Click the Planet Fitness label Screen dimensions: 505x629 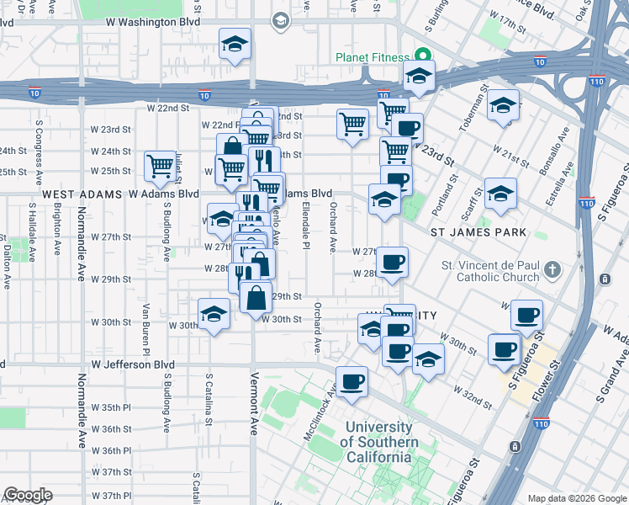point(372,57)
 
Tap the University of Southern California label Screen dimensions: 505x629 point(381,442)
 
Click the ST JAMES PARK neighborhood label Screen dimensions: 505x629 point(478,232)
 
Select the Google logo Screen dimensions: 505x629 point(28,496)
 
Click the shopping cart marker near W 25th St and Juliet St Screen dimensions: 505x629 point(159,165)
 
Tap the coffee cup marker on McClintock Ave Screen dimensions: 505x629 point(351,380)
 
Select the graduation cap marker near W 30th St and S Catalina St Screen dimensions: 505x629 point(214,314)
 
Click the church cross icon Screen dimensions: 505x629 point(552,270)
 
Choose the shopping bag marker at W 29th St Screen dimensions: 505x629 point(256,297)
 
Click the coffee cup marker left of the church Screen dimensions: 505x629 point(392,263)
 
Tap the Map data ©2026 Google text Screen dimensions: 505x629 point(576,498)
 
